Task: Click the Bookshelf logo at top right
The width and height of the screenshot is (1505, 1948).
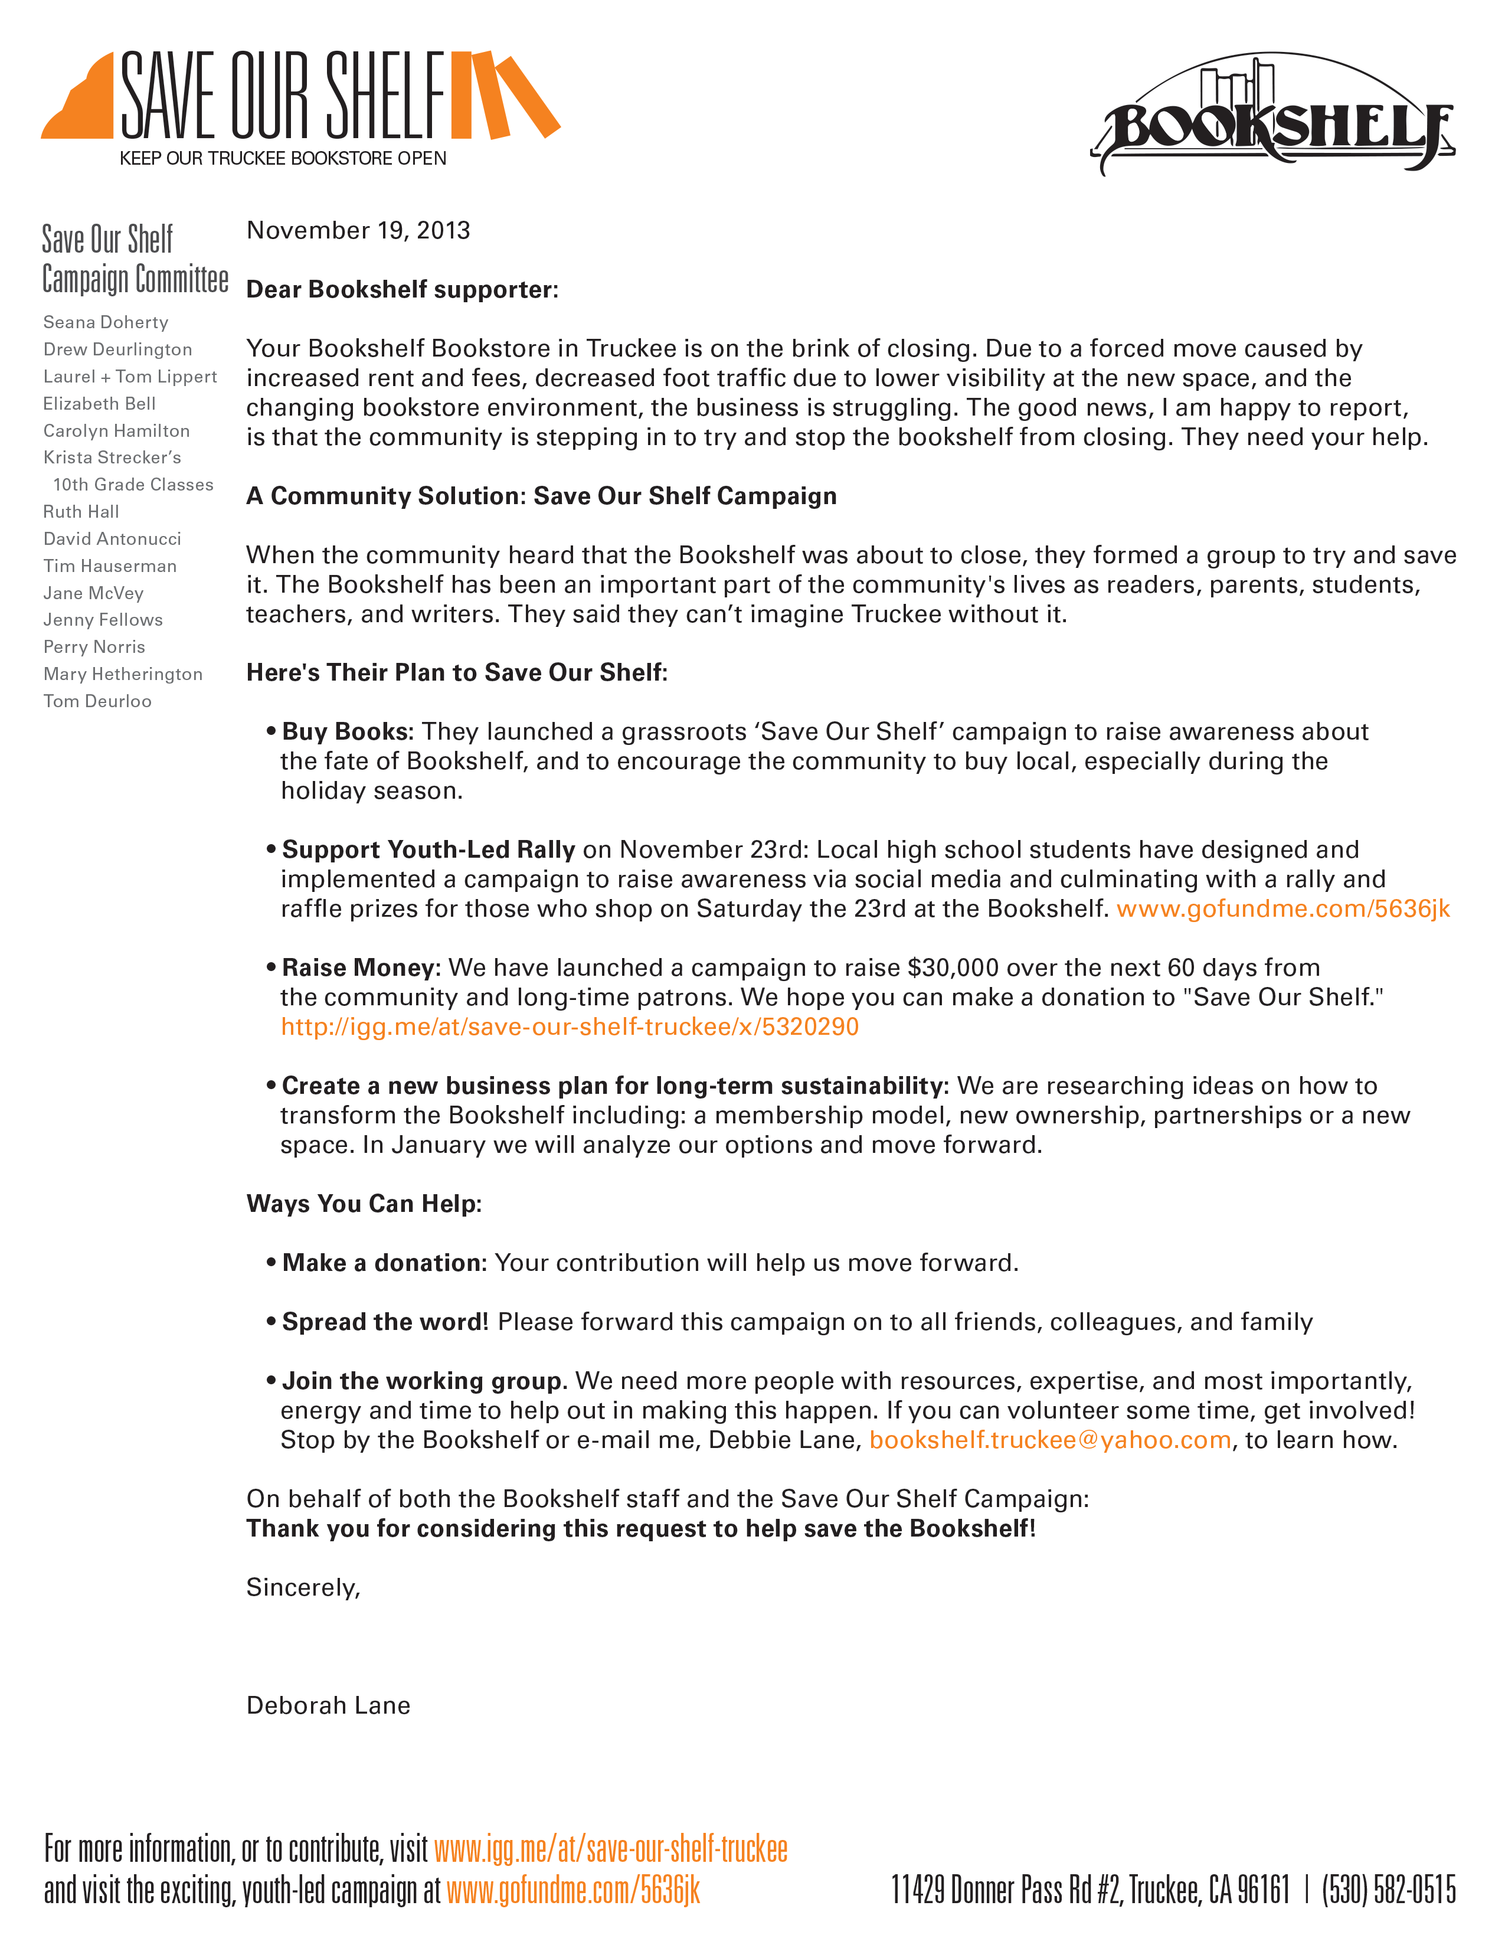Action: pos(1273,116)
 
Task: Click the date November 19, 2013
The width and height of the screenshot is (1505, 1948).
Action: pos(358,231)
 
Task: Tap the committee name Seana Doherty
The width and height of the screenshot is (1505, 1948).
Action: pos(105,322)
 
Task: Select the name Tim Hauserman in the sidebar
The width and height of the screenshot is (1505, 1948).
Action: pos(110,566)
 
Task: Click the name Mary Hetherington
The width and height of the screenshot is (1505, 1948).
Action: pos(123,674)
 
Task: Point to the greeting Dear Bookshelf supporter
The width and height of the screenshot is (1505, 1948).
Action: pos(402,290)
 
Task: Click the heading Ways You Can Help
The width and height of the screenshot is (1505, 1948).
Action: pos(364,1204)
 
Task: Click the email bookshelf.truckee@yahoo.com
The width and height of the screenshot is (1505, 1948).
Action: pos(1051,1440)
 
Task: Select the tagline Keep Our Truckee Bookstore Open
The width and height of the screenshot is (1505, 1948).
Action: pos(283,159)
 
